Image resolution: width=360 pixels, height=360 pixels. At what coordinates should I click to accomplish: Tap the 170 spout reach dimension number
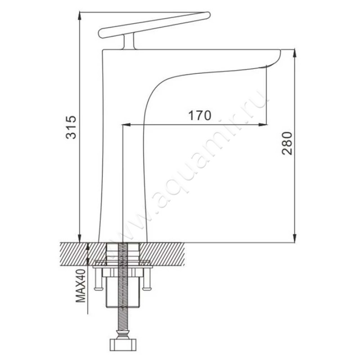199,116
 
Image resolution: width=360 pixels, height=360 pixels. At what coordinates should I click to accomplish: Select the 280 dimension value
288,144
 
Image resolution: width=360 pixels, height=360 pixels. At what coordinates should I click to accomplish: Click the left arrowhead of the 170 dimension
126,123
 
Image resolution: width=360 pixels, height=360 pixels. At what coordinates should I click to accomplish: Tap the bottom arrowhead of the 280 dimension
295,237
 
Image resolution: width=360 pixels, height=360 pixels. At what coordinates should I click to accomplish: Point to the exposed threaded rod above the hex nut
122,322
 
